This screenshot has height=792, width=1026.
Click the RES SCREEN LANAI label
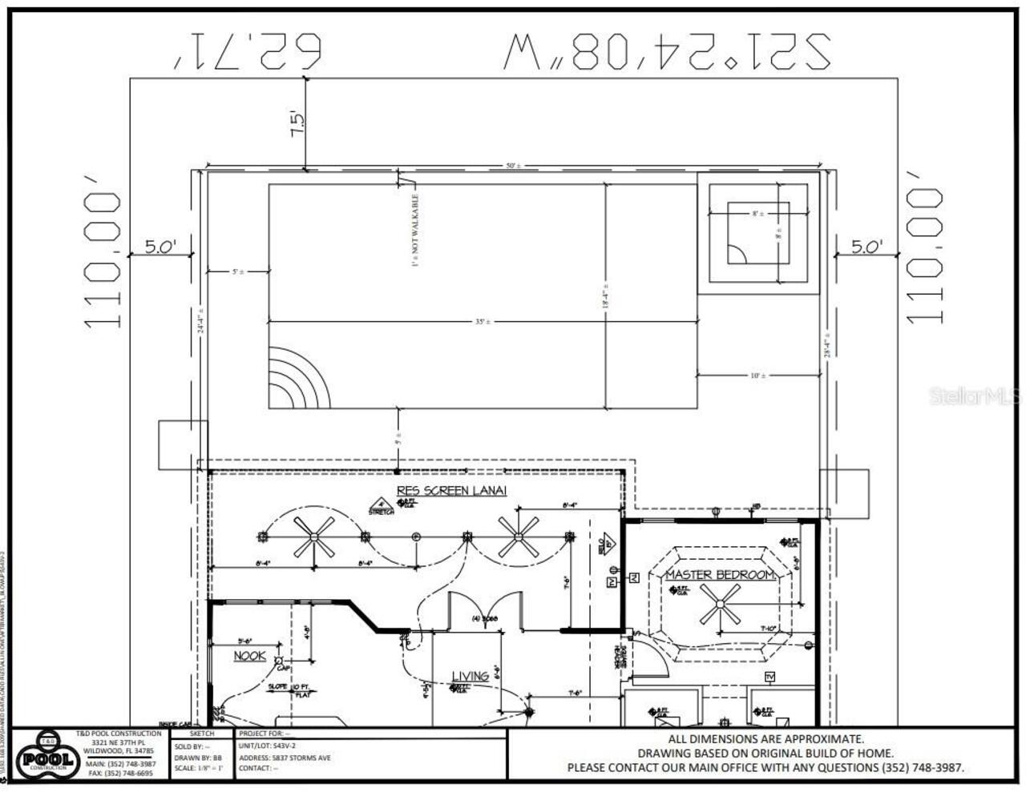[451, 490]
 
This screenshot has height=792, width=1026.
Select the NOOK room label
[249, 656]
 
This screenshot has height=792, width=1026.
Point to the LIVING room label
[470, 676]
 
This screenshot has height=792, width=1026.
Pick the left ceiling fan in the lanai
[313, 537]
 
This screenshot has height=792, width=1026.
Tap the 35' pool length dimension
[483, 321]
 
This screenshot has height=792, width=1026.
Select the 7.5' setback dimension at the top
[297, 123]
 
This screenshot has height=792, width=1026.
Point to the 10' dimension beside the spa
[757, 375]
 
